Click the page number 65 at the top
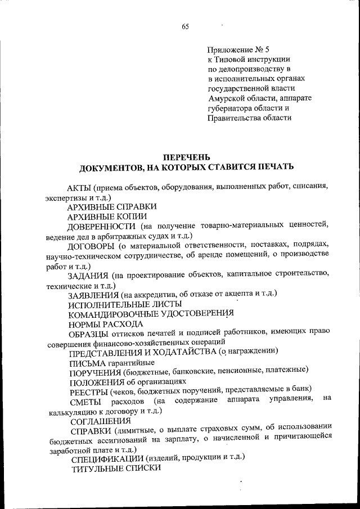186,26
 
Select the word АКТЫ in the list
79,187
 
